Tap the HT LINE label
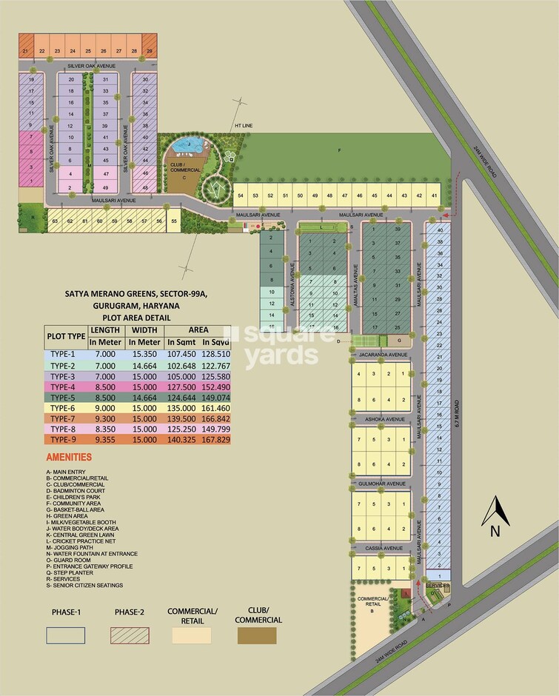click(244, 126)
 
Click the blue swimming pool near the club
click(190, 146)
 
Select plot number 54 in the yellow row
click(241, 195)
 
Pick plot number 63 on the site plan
click(55, 221)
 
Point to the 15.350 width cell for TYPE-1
click(145, 355)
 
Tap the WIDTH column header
click(145, 330)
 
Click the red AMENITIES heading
click(69, 458)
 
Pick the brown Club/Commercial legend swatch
click(257, 635)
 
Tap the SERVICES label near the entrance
click(437, 586)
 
